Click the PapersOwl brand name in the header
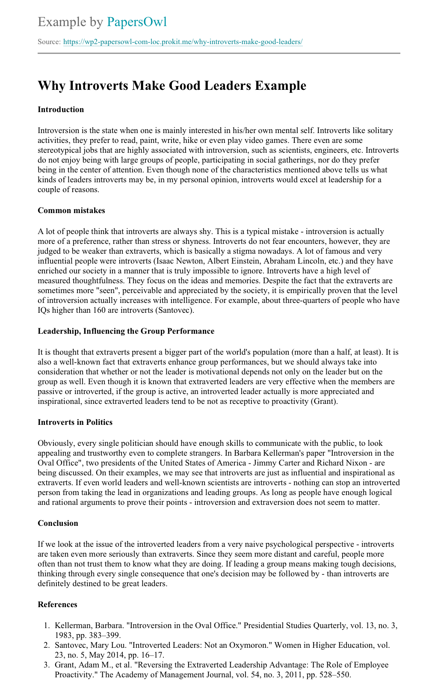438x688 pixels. pyautogui.click(x=136, y=22)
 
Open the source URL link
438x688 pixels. pyautogui.click(x=183, y=42)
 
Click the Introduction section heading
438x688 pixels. pyautogui.click(x=61, y=110)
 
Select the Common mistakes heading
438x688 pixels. pyautogui.click(x=71, y=211)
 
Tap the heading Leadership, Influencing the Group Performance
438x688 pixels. pyautogui.click(x=126, y=331)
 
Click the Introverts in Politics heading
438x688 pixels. pyautogui.click(x=75, y=422)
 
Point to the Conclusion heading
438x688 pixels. pyautogui.click(x=58, y=523)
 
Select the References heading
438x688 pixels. pyautogui.click(x=57, y=605)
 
